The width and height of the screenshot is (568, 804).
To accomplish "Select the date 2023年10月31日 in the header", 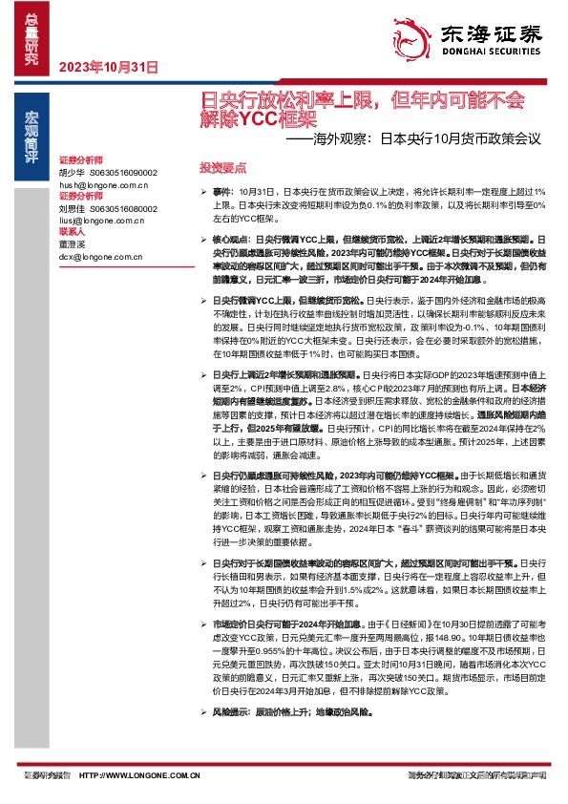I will click(x=101, y=67).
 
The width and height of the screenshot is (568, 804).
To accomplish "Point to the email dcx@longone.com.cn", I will click(x=101, y=256).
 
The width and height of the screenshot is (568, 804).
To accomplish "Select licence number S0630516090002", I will click(x=123, y=172).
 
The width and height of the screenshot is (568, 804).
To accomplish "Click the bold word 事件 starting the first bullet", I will click(x=221, y=192).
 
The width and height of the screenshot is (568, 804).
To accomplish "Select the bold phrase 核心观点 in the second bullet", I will click(x=228, y=235).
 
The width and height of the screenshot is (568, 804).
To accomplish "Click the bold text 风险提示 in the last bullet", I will click(x=228, y=739).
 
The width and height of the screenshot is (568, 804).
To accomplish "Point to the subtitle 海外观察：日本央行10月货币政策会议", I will click(x=420, y=138).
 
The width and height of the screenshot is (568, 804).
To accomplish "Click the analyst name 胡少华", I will click(x=72, y=172).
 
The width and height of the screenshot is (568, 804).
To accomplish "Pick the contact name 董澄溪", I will click(x=72, y=244).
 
